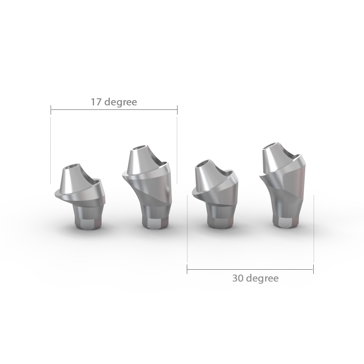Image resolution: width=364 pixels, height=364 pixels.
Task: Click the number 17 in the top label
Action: [96, 102]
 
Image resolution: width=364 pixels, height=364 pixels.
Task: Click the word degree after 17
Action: [120, 103]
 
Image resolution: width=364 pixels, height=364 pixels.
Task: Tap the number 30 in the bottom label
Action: [238, 278]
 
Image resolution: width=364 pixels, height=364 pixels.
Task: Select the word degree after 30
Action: [263, 279]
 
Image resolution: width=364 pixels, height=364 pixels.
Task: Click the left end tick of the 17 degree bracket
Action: [51, 110]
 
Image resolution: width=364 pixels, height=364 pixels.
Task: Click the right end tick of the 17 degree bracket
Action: [177, 110]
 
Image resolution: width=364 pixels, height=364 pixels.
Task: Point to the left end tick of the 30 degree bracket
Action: [187, 269]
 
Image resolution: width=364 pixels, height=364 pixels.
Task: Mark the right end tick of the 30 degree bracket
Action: [313, 269]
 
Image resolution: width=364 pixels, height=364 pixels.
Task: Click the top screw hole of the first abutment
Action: [71, 166]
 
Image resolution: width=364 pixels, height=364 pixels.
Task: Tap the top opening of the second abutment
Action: [140, 148]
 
